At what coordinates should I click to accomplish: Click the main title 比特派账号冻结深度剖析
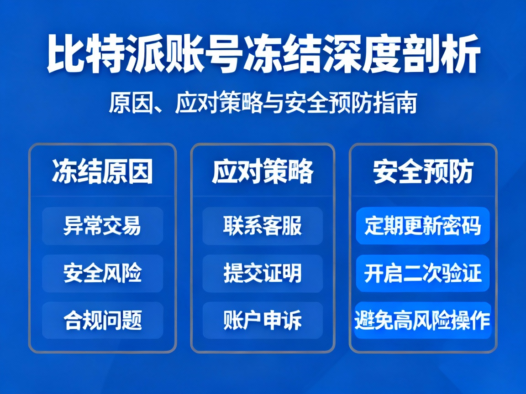tap(263, 56)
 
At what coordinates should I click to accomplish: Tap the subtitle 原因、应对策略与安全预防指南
tap(263, 104)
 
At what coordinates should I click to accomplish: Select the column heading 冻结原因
tap(102, 172)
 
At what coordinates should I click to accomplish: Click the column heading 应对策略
tap(263, 172)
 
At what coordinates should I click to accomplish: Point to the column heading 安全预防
tap(423, 172)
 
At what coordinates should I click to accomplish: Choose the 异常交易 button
tap(102, 226)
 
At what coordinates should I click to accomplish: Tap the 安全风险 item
tap(102, 273)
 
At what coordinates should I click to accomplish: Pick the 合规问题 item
tap(102, 320)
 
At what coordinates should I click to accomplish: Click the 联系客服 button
tap(263, 226)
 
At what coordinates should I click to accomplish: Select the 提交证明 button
tap(263, 273)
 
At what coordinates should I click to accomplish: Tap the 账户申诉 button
tap(263, 320)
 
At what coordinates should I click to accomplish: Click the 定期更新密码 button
tap(423, 226)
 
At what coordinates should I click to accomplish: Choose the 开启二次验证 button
tap(423, 273)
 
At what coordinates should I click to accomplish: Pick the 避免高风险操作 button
tap(423, 320)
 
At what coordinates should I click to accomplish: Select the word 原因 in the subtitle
tap(130, 104)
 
